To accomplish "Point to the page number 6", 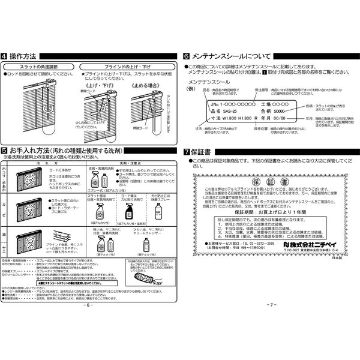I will coord(89,305).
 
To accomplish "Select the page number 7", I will coord(271,305).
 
